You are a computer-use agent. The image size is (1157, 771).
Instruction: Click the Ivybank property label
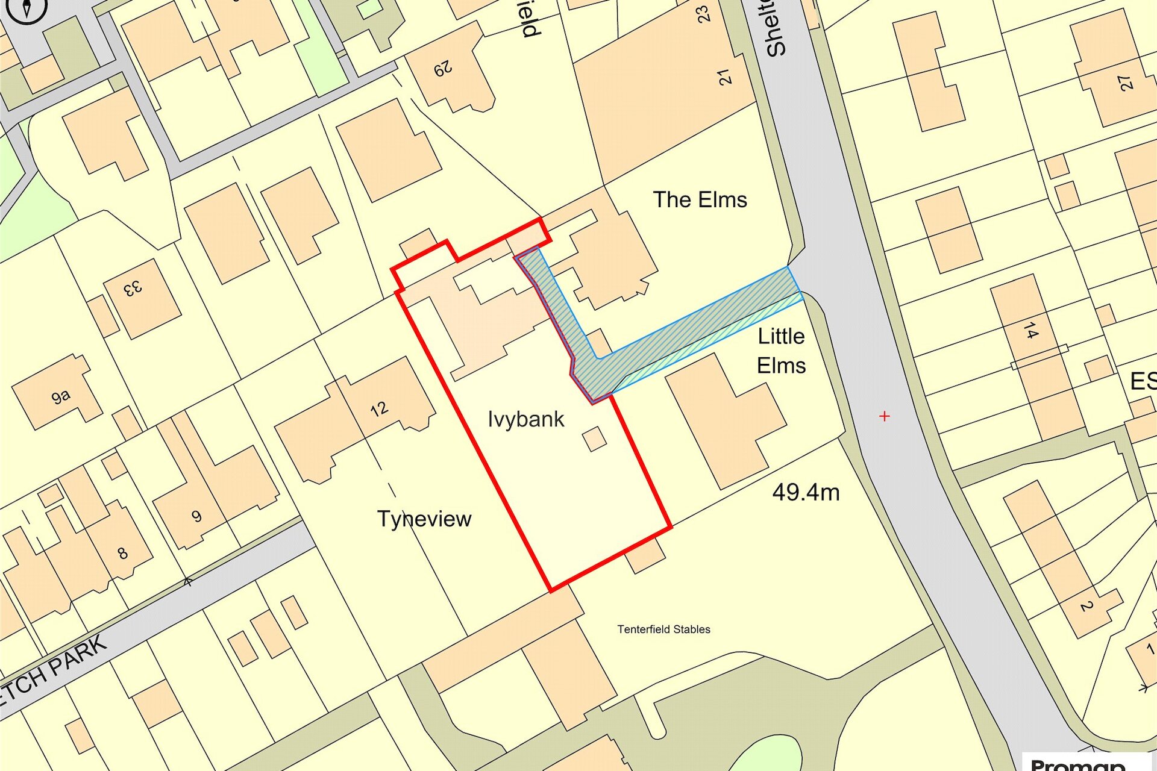[525, 419]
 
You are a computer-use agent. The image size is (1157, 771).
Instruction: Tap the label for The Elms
[700, 200]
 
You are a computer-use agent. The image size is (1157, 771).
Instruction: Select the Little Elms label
[781, 351]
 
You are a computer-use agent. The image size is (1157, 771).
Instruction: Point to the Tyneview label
[424, 519]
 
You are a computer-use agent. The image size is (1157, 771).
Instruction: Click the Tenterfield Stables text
[663, 629]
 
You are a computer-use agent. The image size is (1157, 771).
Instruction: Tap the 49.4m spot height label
[806, 493]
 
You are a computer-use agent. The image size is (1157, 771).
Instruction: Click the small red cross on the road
[884, 416]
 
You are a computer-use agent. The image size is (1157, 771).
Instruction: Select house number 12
[379, 410]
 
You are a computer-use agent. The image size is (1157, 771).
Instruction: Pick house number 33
[133, 289]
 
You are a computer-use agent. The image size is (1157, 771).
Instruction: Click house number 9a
[60, 396]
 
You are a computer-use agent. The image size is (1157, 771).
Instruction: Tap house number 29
[443, 70]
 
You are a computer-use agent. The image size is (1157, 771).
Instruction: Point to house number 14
[1030, 331]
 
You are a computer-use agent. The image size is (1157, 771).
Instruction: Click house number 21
[724, 76]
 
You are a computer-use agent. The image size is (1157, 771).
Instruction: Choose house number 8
[122, 553]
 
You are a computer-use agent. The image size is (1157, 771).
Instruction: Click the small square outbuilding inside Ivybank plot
[595, 439]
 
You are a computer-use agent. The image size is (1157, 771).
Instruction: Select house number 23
[703, 13]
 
